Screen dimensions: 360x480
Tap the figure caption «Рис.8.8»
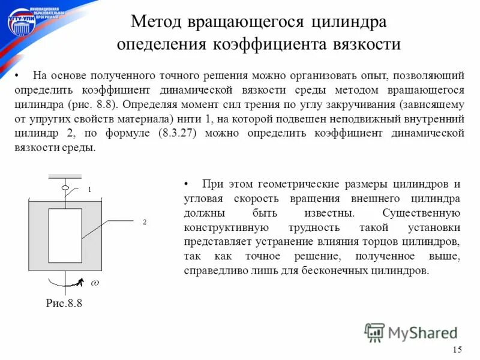(64, 304)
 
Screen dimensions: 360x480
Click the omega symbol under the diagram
(95, 282)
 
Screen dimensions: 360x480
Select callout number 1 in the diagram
(89, 189)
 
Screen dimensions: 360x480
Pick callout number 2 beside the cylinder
(145, 222)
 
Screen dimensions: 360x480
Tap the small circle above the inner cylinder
(65, 188)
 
